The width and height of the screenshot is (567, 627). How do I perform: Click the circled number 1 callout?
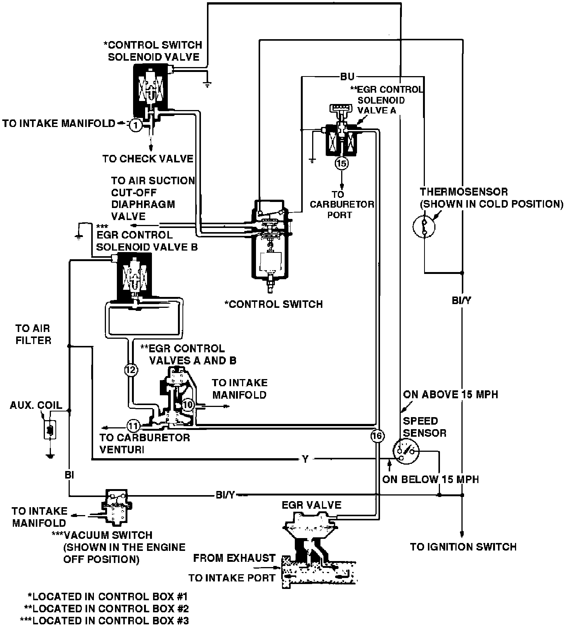pyautogui.click(x=136, y=125)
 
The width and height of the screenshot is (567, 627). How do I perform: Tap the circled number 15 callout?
pyautogui.click(x=342, y=163)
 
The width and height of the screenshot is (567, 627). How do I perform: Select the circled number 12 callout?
pyautogui.click(x=131, y=370)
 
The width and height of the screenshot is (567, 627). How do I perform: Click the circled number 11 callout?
pyautogui.click(x=133, y=426)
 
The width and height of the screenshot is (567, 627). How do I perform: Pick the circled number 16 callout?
pyautogui.click(x=377, y=436)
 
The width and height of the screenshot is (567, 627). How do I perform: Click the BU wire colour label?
pyautogui.click(x=347, y=76)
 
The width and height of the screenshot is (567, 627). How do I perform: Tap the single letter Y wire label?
pyautogui.click(x=305, y=459)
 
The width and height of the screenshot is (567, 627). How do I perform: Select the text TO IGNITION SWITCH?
pyautogui.click(x=463, y=547)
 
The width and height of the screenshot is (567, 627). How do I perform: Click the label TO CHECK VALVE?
pyautogui.click(x=148, y=159)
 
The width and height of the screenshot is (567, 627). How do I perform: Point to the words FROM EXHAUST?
pyautogui.click(x=234, y=558)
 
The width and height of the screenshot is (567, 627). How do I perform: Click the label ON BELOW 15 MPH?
pyautogui.click(x=430, y=479)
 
